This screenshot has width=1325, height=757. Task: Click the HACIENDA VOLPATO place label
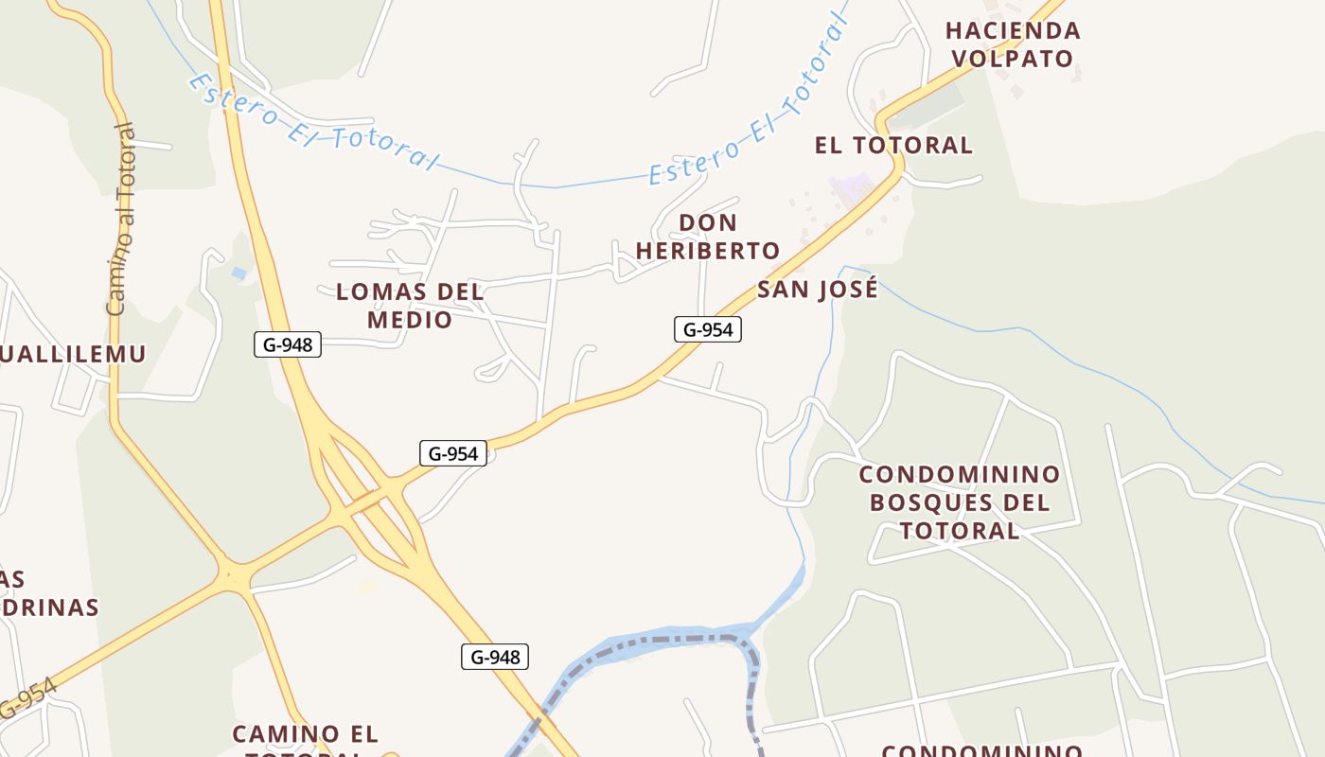tap(1013, 44)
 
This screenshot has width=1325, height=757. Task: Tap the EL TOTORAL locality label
tap(893, 145)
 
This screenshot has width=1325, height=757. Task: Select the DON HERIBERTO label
tap(708, 237)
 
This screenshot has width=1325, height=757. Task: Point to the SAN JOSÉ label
tap(818, 290)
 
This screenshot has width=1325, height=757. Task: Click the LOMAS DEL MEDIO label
tap(410, 306)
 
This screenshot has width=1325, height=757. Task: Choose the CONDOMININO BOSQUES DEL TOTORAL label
tap(960, 502)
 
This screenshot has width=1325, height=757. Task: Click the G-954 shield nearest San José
tap(708, 329)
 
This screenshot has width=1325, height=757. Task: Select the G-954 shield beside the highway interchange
tap(453, 453)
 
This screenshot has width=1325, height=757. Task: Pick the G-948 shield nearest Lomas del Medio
tap(288, 344)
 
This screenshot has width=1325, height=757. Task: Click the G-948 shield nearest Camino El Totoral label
tap(495, 657)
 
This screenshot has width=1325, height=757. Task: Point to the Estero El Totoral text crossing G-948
tap(312, 123)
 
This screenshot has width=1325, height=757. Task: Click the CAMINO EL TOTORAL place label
tap(305, 734)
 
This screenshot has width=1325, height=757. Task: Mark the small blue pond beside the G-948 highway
tap(238, 273)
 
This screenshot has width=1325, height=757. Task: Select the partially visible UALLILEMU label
tap(73, 354)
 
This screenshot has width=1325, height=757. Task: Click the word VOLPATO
tap(1013, 59)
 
